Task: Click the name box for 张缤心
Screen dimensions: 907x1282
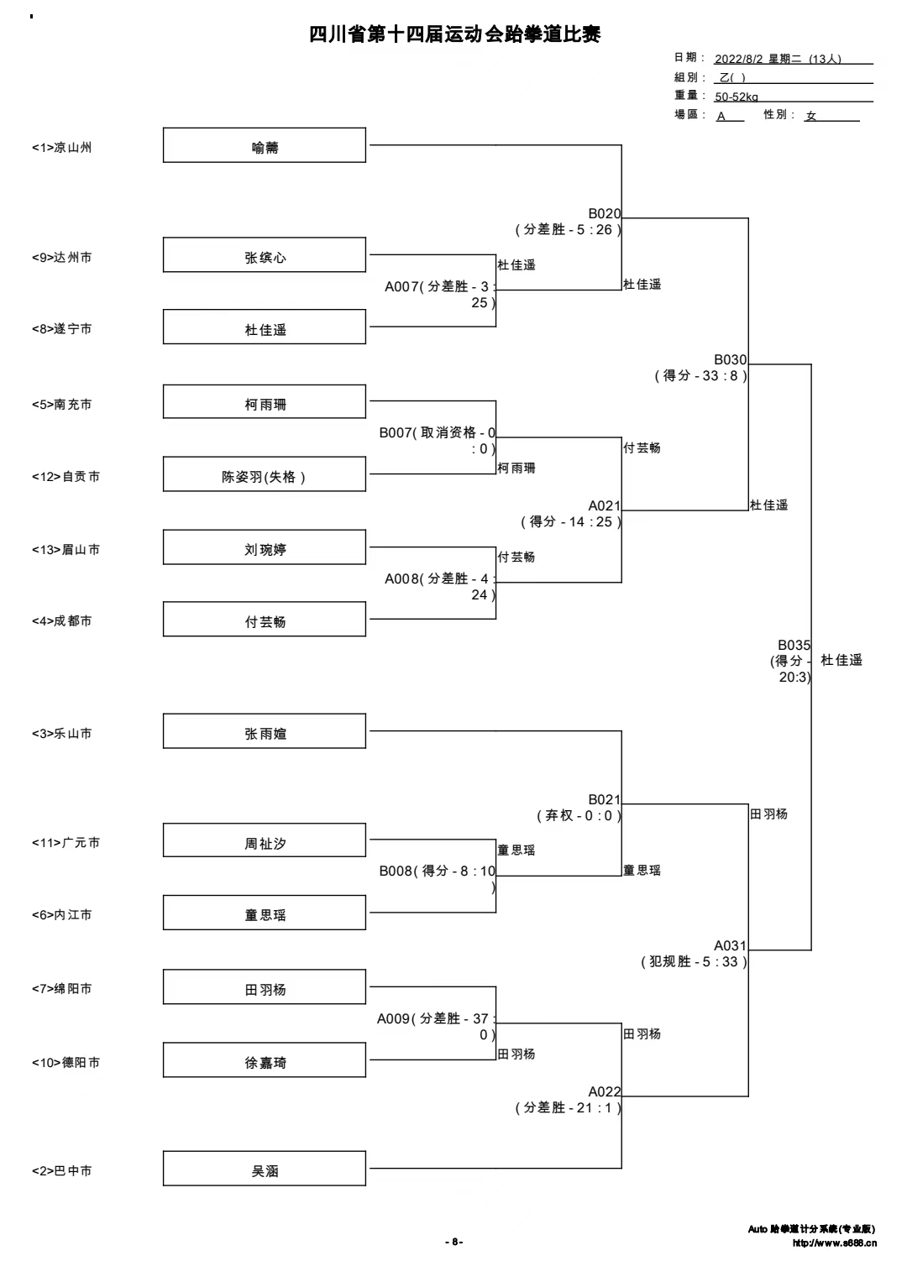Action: click(264, 254)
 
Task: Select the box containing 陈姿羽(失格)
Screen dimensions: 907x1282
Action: click(264, 474)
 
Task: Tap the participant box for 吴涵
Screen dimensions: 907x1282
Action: click(264, 1168)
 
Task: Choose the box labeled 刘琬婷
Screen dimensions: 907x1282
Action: click(264, 547)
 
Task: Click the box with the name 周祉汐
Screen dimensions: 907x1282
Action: click(264, 840)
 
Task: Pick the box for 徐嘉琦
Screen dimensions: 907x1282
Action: click(264, 1060)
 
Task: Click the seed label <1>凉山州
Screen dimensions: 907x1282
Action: click(62, 148)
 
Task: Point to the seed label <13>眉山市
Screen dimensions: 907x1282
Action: click(66, 550)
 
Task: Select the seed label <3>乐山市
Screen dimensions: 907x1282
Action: click(62, 734)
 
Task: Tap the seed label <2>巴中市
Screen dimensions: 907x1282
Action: click(62, 1171)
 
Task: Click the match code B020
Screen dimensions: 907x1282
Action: click(605, 213)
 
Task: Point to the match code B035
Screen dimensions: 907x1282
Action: click(794, 645)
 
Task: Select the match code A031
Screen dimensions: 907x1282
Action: click(730, 945)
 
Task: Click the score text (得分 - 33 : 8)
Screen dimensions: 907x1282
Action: click(701, 376)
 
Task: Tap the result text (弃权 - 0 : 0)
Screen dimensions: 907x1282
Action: click(579, 815)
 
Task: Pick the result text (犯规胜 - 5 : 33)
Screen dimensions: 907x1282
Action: click(694, 961)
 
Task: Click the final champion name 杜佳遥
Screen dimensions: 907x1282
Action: click(841, 660)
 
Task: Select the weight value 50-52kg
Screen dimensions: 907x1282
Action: click(737, 97)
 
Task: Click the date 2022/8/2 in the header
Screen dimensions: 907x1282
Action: click(739, 59)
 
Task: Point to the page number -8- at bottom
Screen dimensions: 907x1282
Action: click(454, 1242)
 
